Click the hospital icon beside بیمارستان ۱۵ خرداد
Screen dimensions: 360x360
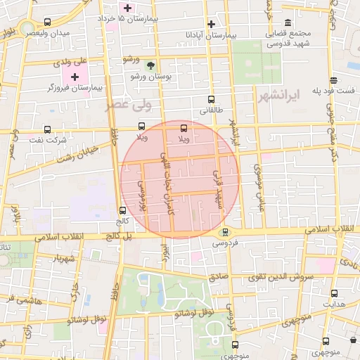(127, 8)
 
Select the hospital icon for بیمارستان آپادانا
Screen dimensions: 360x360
(211, 24)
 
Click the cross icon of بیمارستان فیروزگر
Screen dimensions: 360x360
(75, 76)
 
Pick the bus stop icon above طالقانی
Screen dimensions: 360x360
(211, 100)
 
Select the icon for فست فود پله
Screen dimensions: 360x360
(333, 80)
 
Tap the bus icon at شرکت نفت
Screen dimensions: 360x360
(47, 129)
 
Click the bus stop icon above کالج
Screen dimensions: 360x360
(123, 210)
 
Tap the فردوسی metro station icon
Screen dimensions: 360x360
(225, 233)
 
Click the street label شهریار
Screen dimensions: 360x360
(63, 258)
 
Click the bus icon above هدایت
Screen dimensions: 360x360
(334, 293)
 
